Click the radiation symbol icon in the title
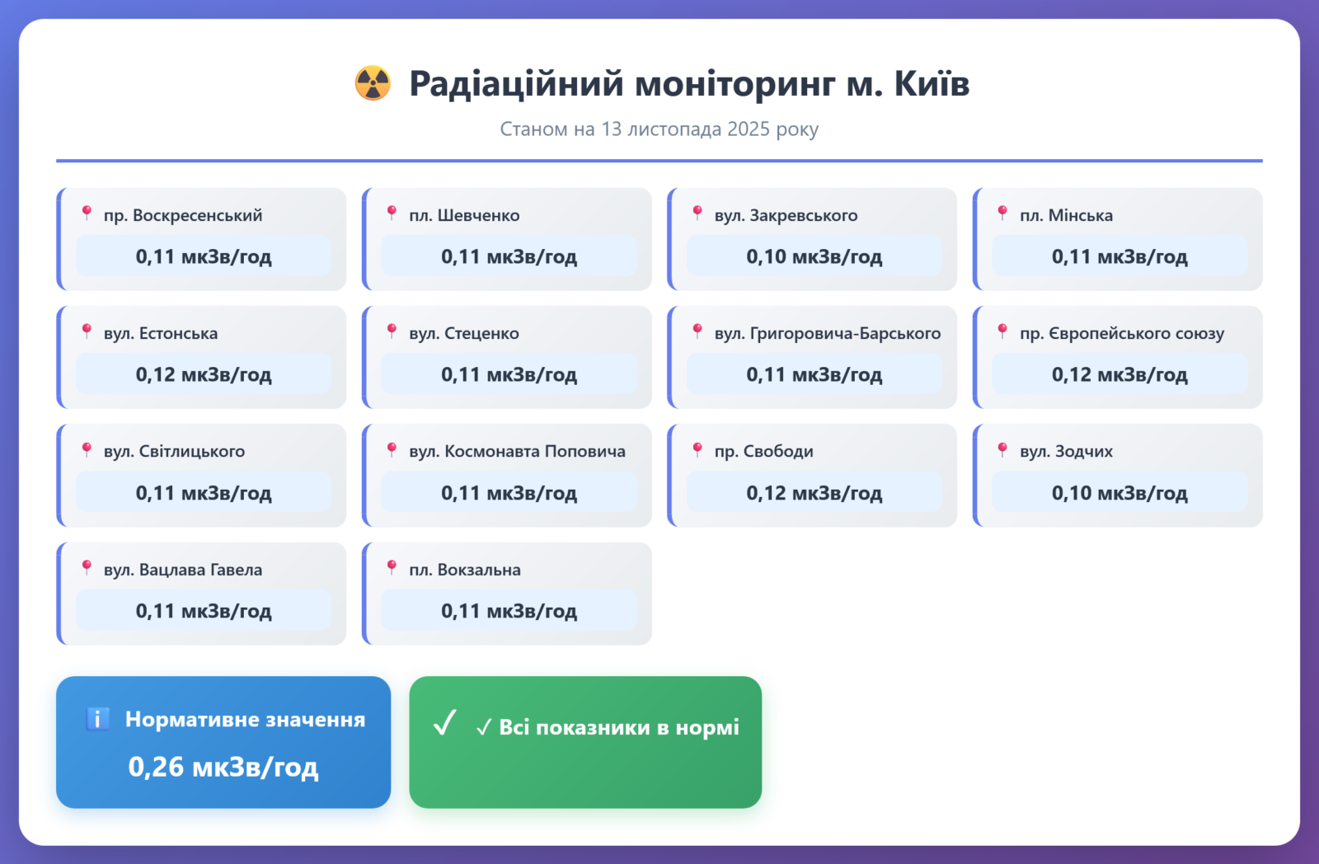point(372,83)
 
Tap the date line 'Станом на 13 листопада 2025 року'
point(659,129)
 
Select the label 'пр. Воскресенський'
point(183,215)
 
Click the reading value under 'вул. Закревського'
point(814,256)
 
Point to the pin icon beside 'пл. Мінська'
point(1002,214)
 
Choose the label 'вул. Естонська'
point(161,333)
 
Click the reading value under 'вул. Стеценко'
point(509,374)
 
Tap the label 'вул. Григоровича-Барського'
point(828,333)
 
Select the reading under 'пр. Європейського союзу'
point(1120,374)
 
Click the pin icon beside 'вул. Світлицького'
point(87,450)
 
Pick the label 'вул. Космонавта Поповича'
point(517,451)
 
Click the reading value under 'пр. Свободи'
point(814,492)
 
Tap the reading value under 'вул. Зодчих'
point(1120,492)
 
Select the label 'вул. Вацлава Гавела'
point(183,570)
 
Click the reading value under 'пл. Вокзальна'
point(509,611)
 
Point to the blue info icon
point(98,719)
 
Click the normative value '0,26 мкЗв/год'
point(223,766)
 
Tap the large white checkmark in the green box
point(444,722)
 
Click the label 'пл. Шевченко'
point(465,215)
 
